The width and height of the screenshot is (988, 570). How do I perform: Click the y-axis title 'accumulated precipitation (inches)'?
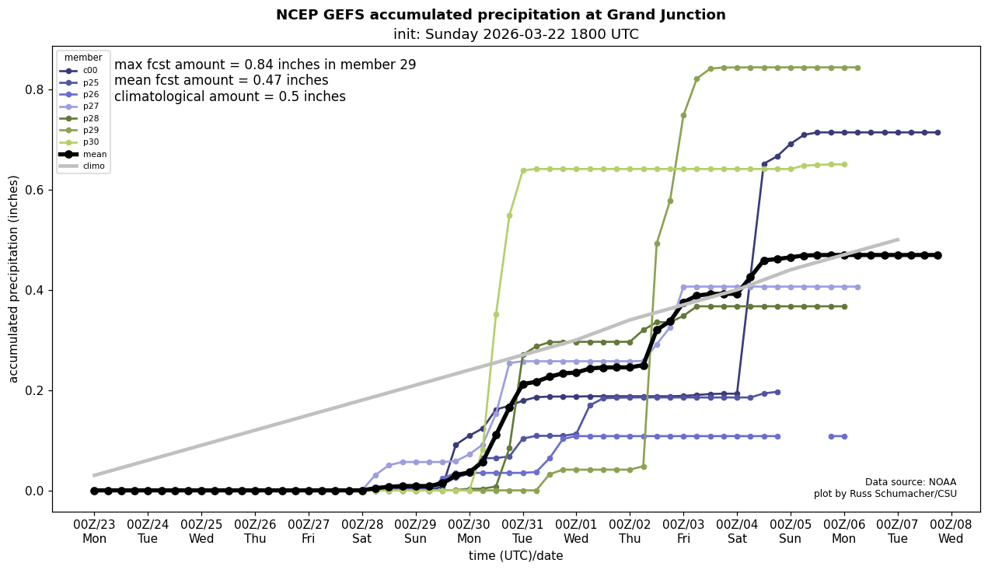tap(13, 278)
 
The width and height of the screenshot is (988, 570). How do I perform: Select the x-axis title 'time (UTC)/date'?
tap(515, 556)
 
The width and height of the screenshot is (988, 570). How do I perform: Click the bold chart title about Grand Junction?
tap(501, 15)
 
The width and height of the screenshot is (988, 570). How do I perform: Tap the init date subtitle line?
tap(515, 34)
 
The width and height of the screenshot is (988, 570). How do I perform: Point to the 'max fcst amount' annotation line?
tap(265, 65)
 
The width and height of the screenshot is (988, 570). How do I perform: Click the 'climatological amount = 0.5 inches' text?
tap(229, 97)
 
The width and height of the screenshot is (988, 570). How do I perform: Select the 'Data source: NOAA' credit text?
tap(910, 482)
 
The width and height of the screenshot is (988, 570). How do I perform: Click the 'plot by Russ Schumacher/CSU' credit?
tap(885, 494)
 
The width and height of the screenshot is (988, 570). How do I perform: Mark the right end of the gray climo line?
tap(898, 240)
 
